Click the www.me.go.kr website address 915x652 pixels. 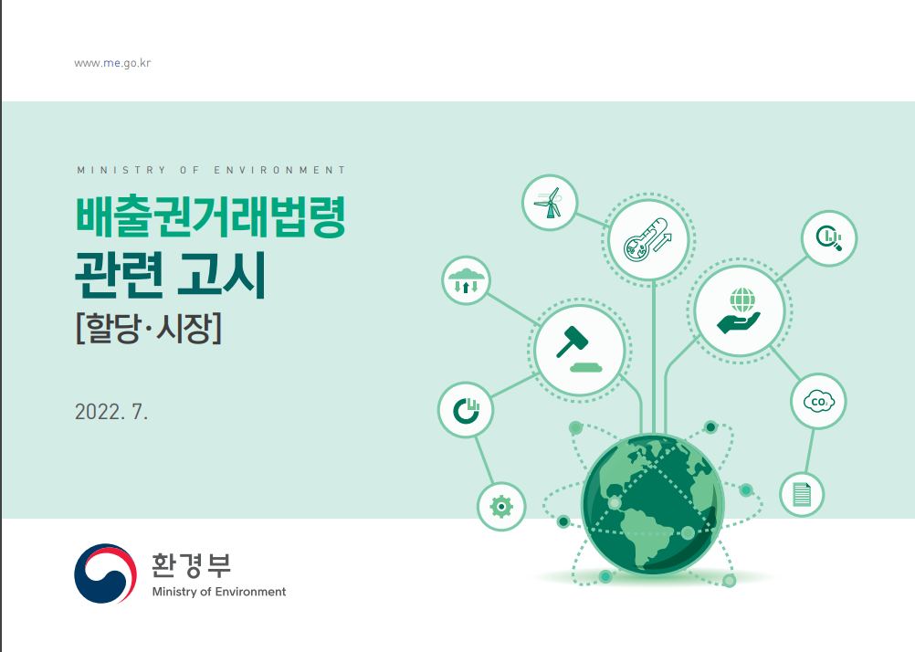pos(112,63)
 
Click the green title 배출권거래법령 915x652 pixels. pos(211,216)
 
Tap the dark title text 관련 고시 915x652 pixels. pos(171,274)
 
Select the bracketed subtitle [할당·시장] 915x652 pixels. pos(149,328)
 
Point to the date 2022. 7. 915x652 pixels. pos(111,412)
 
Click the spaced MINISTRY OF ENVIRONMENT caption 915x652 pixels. pos(211,170)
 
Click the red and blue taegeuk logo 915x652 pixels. pos(106,573)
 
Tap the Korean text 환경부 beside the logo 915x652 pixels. pos(192,564)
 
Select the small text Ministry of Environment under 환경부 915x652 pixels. pos(219,592)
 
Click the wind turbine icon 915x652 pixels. pos(549,203)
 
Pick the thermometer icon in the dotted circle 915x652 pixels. pos(647,240)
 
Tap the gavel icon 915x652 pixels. pos(578,349)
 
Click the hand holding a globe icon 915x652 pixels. pos(740,310)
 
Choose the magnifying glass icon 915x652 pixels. pos(829,238)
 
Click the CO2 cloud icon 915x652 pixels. pos(819,402)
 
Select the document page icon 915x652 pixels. pos(802,494)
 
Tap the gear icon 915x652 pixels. pos(501,507)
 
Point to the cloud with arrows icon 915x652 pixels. pos(466,280)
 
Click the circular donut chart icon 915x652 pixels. pos(467,410)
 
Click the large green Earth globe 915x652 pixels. pos(652,504)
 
